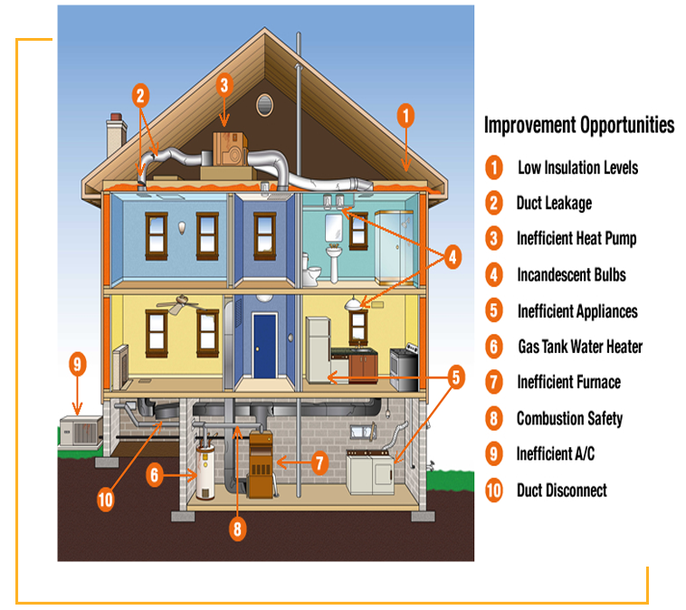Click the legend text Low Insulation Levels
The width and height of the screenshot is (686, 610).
(x=577, y=167)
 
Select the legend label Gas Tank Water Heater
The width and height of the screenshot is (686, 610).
(x=579, y=347)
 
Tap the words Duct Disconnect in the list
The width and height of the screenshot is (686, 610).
(x=561, y=491)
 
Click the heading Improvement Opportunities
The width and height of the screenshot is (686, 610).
(x=579, y=125)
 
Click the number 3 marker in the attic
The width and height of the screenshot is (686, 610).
(x=224, y=84)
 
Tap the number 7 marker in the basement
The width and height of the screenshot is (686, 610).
(x=319, y=462)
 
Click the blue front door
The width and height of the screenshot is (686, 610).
(x=264, y=346)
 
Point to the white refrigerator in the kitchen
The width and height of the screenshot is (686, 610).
(x=319, y=349)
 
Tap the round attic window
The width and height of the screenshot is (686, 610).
(x=265, y=104)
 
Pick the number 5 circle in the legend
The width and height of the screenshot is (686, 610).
(x=493, y=311)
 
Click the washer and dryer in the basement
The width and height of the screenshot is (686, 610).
(x=370, y=472)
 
